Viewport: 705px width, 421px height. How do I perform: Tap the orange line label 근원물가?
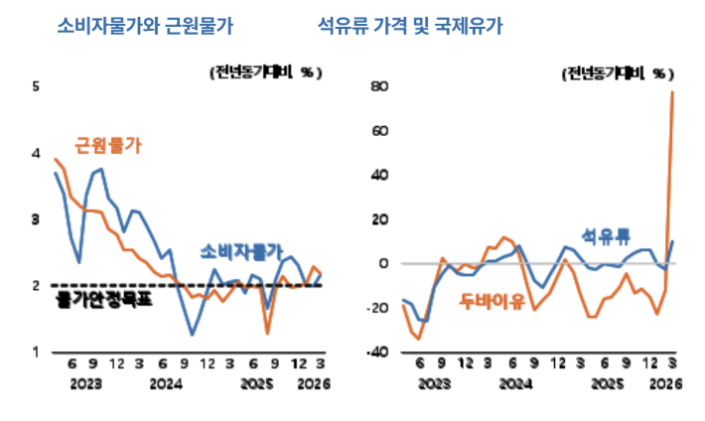point(108,146)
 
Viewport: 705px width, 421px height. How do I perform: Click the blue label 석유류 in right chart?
point(606,236)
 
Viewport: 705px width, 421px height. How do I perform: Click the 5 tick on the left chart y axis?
point(36,86)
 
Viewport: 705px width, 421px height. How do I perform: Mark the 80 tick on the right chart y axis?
point(377,86)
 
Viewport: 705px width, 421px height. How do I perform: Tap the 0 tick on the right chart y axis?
point(381,264)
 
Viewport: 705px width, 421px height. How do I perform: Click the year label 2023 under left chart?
point(85,383)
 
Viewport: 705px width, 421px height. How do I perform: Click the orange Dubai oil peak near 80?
point(673,92)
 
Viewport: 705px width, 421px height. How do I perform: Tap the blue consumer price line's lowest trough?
point(192,335)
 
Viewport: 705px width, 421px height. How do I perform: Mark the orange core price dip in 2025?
point(267,333)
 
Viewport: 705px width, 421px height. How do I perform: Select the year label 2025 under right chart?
point(610,383)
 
